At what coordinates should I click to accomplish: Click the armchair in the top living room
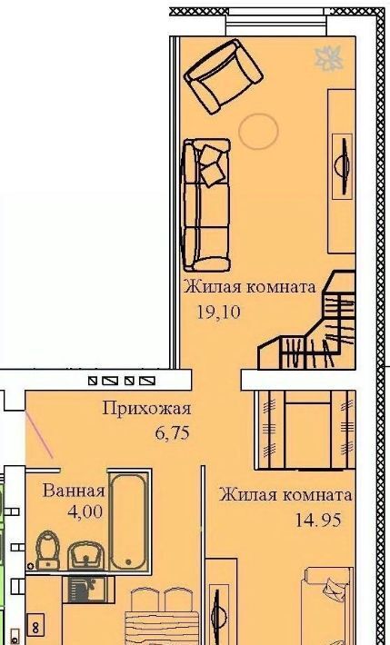[x=224, y=76]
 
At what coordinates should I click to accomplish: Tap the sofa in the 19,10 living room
[x=206, y=204]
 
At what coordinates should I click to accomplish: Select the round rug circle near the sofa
[x=258, y=131]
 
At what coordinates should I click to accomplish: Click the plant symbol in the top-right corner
[x=328, y=58]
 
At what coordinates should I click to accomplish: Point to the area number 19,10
[x=218, y=313]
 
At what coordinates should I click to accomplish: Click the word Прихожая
[x=146, y=409]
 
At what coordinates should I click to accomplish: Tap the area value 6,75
[x=173, y=432]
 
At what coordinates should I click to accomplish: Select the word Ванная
[x=75, y=491]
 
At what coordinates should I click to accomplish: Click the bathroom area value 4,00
[x=85, y=512]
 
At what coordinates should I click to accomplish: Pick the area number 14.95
[x=318, y=521]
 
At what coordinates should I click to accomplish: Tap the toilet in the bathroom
[x=48, y=550]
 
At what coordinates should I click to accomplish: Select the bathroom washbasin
[x=85, y=555]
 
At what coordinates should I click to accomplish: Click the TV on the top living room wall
[x=342, y=165]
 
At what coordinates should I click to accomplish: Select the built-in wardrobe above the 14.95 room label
[x=305, y=431]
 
